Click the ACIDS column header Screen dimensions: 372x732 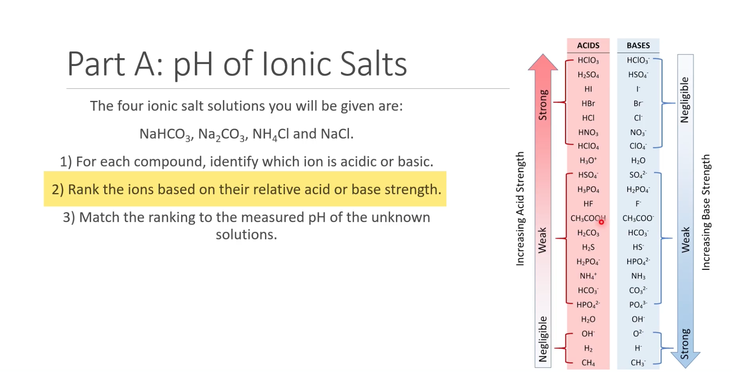588,45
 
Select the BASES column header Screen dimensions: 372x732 638,45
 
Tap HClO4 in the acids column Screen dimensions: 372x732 588,146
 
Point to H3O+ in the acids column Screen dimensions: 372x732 588,161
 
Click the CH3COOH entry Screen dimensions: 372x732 587,218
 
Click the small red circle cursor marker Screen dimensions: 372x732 601,222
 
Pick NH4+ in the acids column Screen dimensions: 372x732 588,276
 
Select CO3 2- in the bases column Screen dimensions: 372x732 638,290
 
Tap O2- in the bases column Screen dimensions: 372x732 638,333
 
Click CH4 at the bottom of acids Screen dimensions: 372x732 588,363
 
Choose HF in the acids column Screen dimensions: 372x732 588,204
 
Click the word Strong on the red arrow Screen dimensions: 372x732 543,105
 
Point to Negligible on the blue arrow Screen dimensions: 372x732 685,100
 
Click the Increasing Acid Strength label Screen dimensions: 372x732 520,208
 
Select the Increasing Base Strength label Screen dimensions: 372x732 706,212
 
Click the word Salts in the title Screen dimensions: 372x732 373,64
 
